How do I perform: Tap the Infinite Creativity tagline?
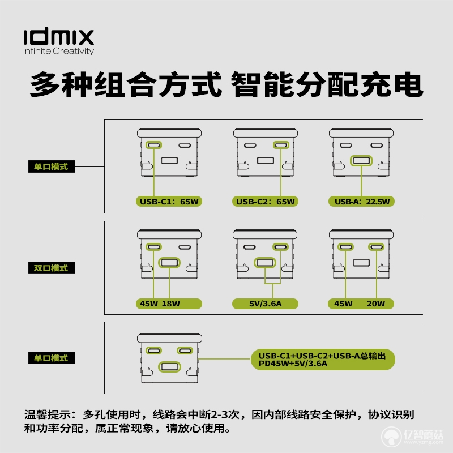point(59,51)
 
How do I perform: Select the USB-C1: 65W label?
point(169,202)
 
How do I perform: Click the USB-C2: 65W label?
point(265,202)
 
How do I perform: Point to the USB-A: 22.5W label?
point(361,202)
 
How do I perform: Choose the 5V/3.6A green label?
point(265,304)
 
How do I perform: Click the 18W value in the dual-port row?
point(171,304)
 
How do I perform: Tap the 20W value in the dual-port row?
point(376,304)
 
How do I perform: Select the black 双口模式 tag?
point(52,268)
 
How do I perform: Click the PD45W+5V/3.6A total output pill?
point(323,360)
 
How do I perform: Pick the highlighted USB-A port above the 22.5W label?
point(361,161)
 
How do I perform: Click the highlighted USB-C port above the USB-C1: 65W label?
point(153,145)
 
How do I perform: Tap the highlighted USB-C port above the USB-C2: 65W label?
point(281,145)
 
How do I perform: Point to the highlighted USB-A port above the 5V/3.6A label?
point(265,263)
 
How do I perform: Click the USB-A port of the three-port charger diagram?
point(169,367)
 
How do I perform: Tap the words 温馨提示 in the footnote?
point(48,414)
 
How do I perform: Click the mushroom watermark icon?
point(391,437)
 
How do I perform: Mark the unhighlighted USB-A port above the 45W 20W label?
point(361,263)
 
